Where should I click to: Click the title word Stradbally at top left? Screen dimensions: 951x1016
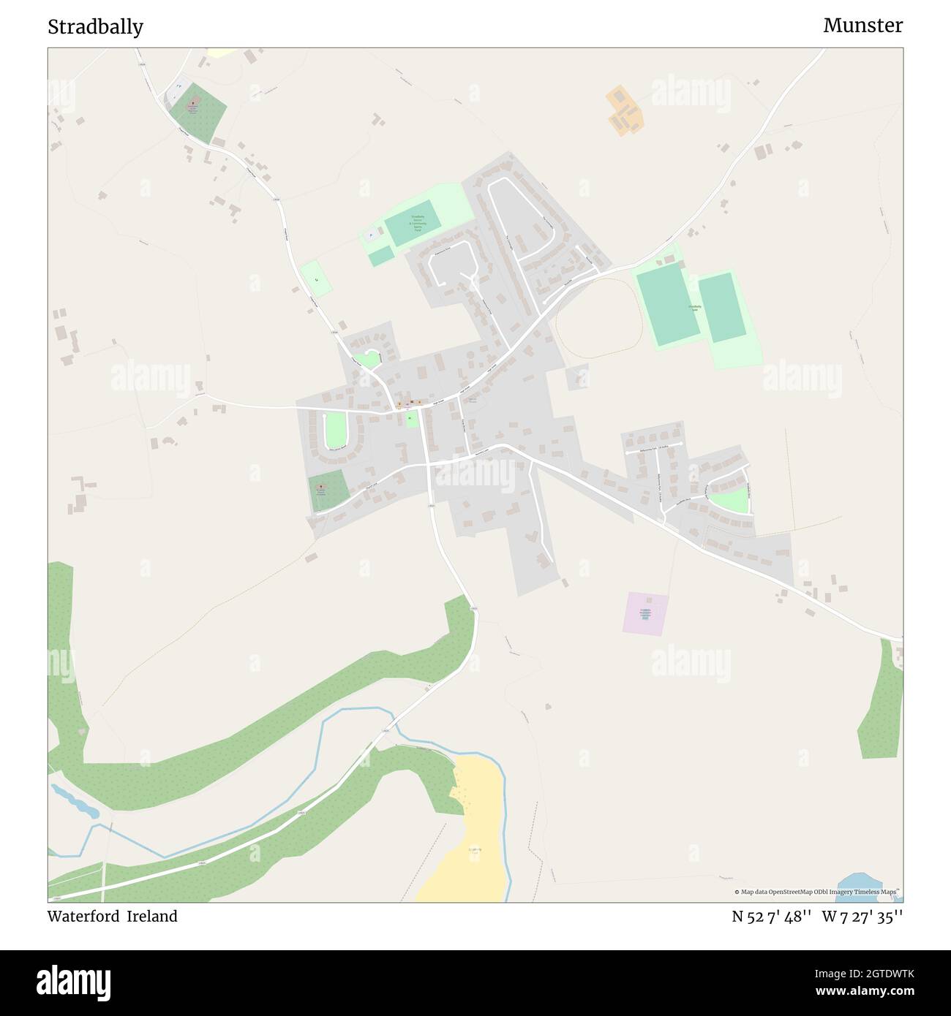95,27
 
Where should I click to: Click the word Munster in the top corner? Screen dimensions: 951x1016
862,26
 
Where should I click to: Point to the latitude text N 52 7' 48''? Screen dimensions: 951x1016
771,916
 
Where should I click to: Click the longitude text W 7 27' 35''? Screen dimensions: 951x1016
862,916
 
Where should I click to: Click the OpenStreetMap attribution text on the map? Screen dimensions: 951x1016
818,892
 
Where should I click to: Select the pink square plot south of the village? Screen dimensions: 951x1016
646,613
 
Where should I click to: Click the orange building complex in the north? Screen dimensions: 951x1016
624,110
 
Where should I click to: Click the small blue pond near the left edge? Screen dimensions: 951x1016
75,801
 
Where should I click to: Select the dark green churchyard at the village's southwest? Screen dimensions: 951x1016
327,490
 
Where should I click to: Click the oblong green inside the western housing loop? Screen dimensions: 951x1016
334,430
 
